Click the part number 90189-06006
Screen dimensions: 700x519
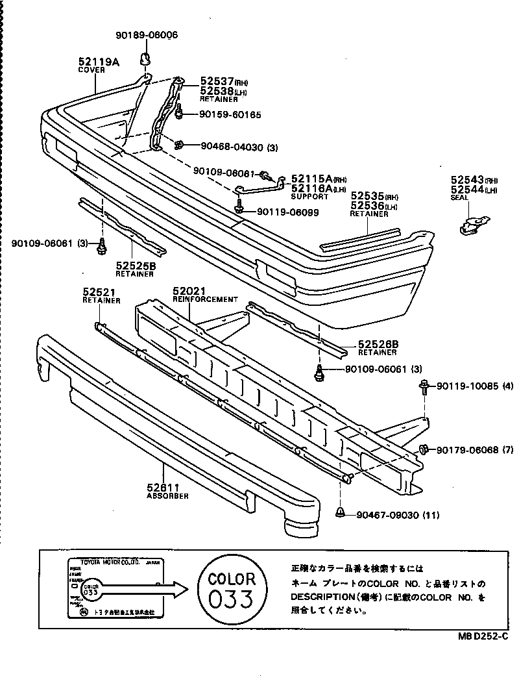(x=147, y=35)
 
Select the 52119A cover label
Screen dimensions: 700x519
(x=99, y=62)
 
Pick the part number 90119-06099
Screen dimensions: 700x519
(x=287, y=212)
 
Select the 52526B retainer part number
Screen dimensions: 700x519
(x=377, y=344)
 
